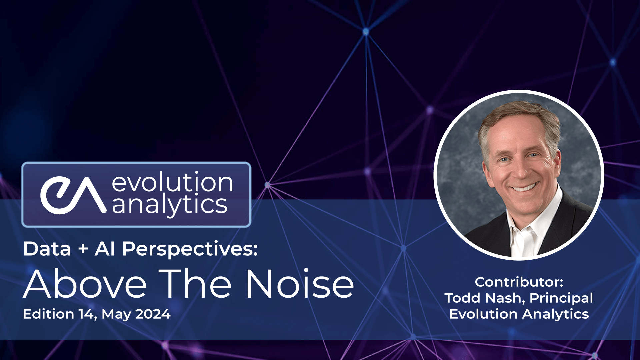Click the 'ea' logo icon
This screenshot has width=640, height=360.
[73, 195]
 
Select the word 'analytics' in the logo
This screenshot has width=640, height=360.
[169, 204]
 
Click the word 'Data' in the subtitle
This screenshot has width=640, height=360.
[47, 249]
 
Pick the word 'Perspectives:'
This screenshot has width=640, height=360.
[190, 249]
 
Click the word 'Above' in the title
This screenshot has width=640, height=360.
[85, 284]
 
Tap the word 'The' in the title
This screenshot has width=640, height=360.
[195, 284]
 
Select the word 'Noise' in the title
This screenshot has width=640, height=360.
[299, 284]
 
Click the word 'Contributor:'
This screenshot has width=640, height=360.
[519, 282]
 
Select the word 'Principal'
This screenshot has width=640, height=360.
[561, 298]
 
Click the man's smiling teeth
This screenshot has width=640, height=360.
[525, 187]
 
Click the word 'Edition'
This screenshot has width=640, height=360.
[49, 314]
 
